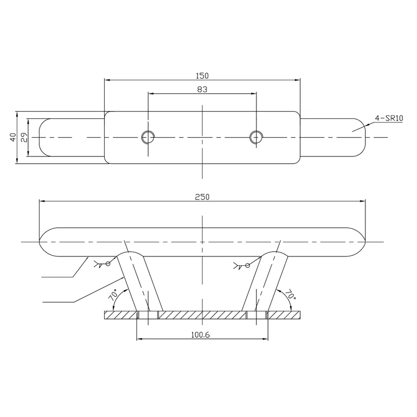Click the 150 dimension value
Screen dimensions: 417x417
203,75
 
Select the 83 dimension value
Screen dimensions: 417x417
203,89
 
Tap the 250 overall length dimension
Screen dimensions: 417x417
203,197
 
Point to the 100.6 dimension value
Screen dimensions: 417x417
201,335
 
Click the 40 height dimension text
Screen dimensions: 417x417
12,138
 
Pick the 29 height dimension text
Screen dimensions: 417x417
22,138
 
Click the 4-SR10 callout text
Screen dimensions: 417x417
390,118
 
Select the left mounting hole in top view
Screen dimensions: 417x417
148,137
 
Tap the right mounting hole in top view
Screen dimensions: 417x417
255,137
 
